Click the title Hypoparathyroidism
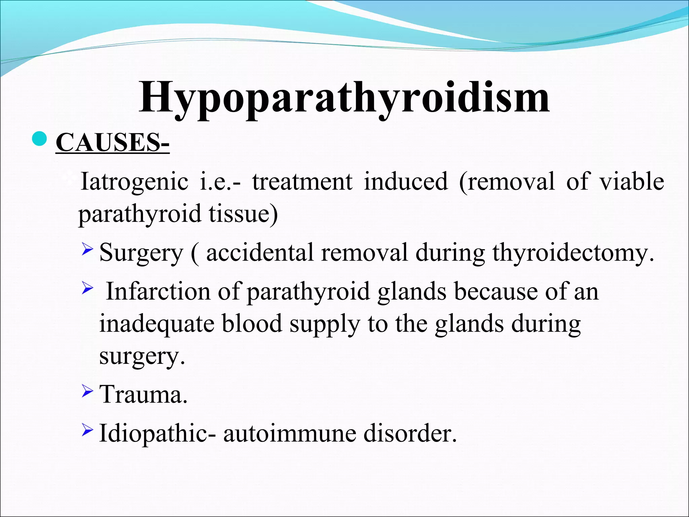click(x=344, y=98)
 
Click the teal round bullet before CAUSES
click(x=40, y=139)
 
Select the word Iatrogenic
click(x=134, y=182)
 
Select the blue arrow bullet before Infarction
click(x=87, y=288)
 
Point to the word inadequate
click(x=157, y=324)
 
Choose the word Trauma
click(x=143, y=394)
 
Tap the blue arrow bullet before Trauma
click(x=87, y=391)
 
